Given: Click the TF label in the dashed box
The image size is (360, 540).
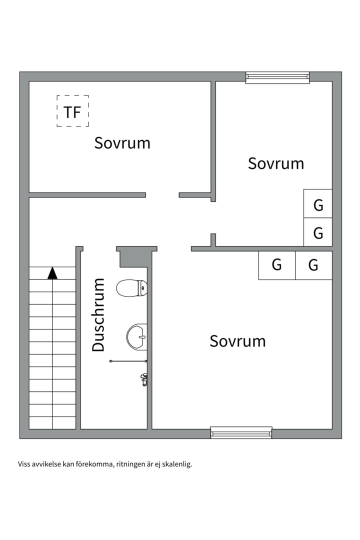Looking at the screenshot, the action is pos(72,112).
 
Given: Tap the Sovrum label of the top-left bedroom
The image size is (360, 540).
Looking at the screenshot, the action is pos(122,143).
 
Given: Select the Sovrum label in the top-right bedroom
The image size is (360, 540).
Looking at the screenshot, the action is pos(276,163).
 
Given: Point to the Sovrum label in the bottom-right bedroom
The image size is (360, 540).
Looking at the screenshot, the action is pos(237,341).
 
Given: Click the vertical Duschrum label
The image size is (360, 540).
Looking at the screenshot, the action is pos(98,315).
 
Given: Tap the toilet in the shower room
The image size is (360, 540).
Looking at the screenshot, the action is pos(132,288).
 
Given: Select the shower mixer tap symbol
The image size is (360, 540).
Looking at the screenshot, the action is pos(144,379).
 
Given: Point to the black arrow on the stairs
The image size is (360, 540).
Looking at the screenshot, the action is pos(52,273).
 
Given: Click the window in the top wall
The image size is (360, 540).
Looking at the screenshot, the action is pos(277,77).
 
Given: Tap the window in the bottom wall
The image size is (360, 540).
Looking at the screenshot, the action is pos(241,432).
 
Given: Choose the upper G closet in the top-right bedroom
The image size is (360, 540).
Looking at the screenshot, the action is pos(318,203).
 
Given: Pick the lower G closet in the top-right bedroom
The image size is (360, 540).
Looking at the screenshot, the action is pos(318,232).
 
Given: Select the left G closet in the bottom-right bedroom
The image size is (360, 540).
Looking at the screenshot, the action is pos(277,265).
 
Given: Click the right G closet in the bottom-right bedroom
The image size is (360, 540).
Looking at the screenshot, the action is pos(314,265).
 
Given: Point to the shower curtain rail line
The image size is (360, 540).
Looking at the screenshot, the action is pos(128,361).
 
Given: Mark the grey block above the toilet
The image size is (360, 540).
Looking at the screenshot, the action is pos(137,256).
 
